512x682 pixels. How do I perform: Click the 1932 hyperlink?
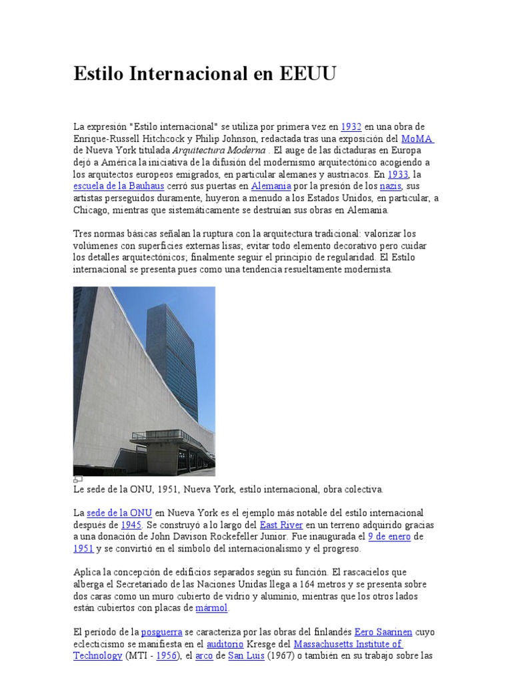(x=351, y=127)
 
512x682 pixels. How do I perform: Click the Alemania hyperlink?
(x=271, y=186)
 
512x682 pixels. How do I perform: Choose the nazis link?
(x=390, y=186)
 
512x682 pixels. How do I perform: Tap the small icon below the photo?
(x=78, y=479)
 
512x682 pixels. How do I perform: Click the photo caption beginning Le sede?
(x=228, y=490)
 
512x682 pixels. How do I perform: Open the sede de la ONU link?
(x=119, y=513)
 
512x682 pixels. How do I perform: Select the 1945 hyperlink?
(x=131, y=525)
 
